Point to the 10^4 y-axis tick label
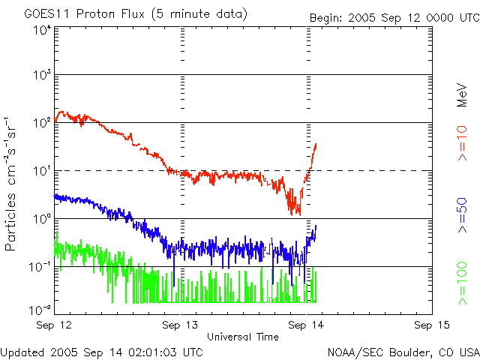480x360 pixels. point(42,31)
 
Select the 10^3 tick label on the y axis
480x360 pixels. point(42,75)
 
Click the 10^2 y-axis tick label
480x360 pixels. point(42,123)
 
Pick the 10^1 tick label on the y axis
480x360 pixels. point(42,171)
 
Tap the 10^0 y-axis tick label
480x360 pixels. point(42,219)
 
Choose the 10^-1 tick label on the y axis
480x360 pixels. point(40,266)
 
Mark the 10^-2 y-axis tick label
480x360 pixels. point(40,309)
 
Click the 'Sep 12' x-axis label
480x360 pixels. point(54,325)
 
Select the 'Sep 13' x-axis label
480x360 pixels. point(181,325)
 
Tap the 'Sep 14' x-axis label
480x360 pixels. point(306,325)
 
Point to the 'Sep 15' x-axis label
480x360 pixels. point(431,325)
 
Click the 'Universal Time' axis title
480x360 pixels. point(243,337)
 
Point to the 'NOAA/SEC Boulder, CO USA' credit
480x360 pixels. point(403,351)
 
